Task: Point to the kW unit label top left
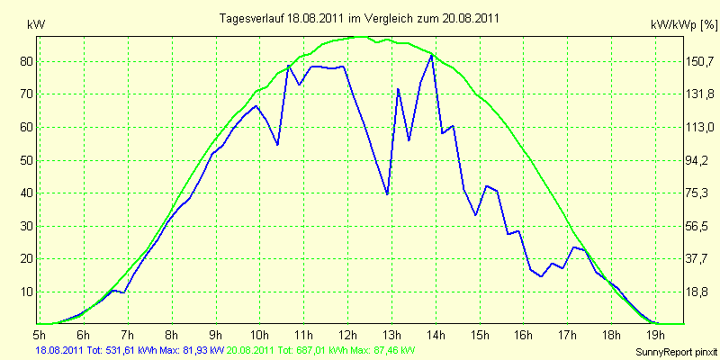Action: (x=36, y=25)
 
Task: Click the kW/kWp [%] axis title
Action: (x=683, y=26)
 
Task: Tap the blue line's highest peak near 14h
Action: (x=432, y=55)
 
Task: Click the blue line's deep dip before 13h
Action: (x=387, y=194)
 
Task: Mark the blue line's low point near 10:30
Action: (x=277, y=145)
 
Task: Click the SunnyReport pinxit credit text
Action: (x=676, y=352)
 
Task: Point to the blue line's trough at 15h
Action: (x=476, y=215)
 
